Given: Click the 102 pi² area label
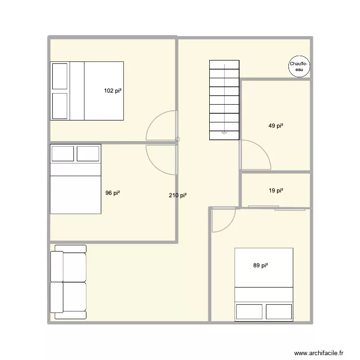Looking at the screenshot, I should [112, 90].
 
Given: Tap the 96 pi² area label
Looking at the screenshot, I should [112, 193].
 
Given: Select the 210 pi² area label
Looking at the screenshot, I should [178, 195].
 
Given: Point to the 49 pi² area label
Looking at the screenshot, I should [276, 126].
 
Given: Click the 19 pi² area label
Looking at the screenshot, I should [276, 191].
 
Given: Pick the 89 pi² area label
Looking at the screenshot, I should [260, 265].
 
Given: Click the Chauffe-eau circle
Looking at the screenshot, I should [299, 66].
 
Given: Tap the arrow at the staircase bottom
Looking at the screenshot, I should [224, 133].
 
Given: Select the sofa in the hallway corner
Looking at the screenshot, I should [68, 282].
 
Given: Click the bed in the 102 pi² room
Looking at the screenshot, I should [87, 91].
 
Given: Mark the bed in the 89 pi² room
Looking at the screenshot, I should [264, 284].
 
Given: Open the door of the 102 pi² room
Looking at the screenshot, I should [162, 126].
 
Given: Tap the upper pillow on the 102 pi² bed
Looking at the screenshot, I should [60, 76].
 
